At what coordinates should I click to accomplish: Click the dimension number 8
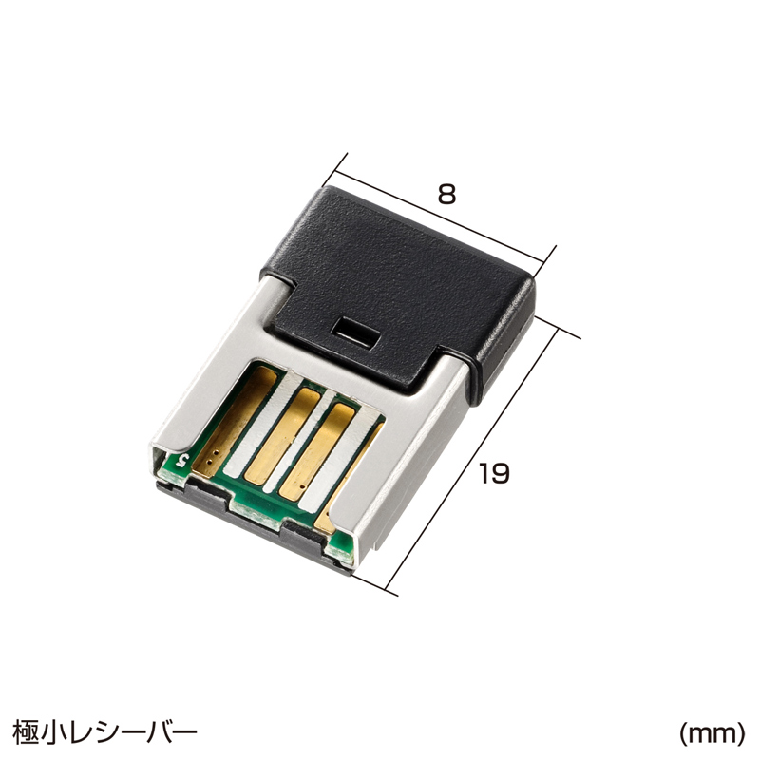tap(446, 195)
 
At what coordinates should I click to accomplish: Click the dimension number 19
tap(494, 473)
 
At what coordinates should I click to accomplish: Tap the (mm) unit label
tap(711, 733)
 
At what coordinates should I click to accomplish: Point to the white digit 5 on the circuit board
tap(182, 459)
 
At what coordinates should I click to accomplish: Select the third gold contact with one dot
tap(317, 453)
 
